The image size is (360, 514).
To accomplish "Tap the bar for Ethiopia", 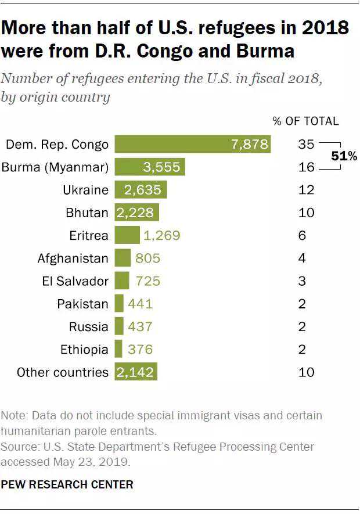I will point(118,349).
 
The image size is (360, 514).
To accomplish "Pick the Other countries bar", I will point(136,372).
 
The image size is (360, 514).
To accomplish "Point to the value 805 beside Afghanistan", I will point(147,258).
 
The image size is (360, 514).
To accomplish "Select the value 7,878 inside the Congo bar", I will point(249,144).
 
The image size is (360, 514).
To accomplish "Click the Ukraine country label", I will point(86,190).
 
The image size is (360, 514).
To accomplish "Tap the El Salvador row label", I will point(75,281).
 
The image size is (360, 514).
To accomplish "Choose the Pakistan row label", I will point(82,304).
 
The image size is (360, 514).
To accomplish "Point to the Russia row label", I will point(88,326).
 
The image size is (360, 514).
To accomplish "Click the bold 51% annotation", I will point(344,156).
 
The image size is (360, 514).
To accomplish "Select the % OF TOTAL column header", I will point(305,121).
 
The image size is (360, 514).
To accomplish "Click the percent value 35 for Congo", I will point(306,144).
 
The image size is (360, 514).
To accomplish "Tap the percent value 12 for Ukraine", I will point(306,190).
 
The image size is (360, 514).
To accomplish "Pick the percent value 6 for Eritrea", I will point(303,235).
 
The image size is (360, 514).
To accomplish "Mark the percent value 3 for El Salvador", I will point(303,281).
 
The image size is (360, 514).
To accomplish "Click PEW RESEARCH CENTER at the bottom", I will point(67,484).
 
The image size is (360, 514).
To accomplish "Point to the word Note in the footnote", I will point(13,416).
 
